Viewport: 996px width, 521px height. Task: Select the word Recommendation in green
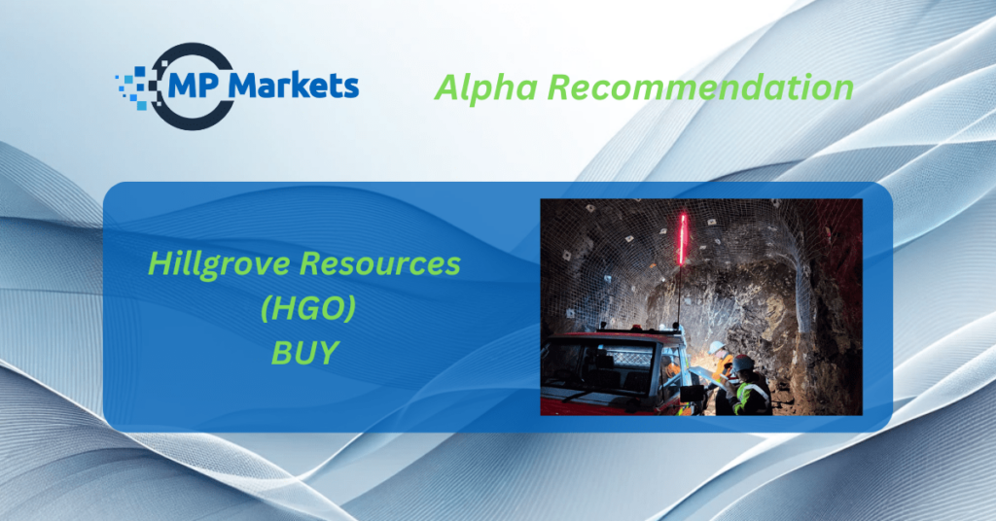coord(700,87)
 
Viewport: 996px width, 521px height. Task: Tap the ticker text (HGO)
coord(307,308)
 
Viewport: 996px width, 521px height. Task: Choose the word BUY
coord(304,352)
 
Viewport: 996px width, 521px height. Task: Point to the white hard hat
coord(717,347)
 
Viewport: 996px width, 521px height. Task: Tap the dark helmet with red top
coord(742,364)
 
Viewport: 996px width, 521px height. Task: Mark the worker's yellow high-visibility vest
coord(752,398)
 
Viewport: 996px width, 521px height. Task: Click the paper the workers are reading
coord(703,374)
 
